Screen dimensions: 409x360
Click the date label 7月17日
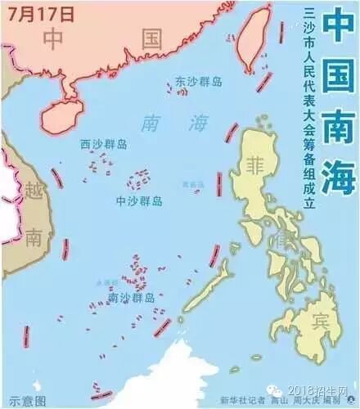pyautogui.click(x=40, y=14)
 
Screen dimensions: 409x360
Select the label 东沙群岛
pyautogui.click(x=200, y=83)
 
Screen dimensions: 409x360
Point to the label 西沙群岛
pyautogui.click(x=103, y=144)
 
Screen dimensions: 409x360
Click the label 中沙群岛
pyautogui.click(x=138, y=200)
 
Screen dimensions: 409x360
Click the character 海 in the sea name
pyautogui.click(x=197, y=124)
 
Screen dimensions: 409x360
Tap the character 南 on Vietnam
pyautogui.click(x=33, y=238)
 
